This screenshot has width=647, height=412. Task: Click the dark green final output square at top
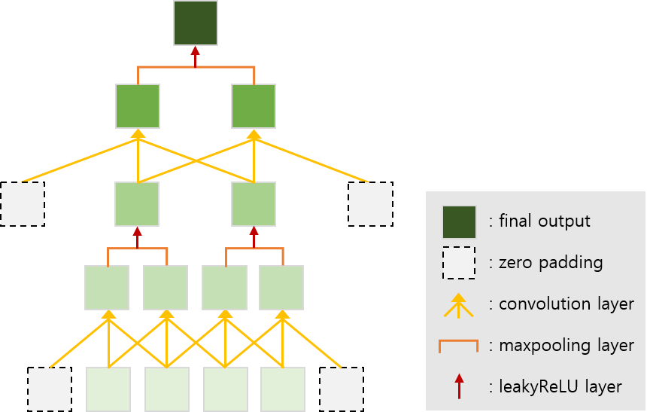(x=196, y=23)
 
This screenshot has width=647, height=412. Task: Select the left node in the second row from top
(x=138, y=106)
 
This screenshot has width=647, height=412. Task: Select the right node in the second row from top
(x=254, y=106)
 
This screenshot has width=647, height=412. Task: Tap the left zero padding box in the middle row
(x=22, y=204)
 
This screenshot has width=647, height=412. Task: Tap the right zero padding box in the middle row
(x=370, y=204)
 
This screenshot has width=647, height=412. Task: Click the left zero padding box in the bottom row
(x=50, y=389)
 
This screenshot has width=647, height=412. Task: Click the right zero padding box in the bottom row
(x=341, y=389)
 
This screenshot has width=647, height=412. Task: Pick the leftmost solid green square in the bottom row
(x=108, y=389)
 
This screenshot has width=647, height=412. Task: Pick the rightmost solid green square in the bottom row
(x=283, y=389)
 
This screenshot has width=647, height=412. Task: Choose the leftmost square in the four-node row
(x=107, y=288)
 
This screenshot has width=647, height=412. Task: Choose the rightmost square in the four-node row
(x=281, y=288)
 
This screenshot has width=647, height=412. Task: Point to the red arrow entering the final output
(x=196, y=56)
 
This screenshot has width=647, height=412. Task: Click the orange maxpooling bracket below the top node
(x=196, y=68)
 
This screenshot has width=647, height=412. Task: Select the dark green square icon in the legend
(x=459, y=221)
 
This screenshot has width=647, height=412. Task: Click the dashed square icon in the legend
(x=459, y=263)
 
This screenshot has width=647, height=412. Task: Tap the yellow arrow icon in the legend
(x=459, y=304)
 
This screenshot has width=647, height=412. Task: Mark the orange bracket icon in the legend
(x=458, y=346)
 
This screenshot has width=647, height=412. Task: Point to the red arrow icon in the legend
(x=459, y=386)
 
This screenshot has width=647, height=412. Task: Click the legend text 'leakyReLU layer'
(x=560, y=387)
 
